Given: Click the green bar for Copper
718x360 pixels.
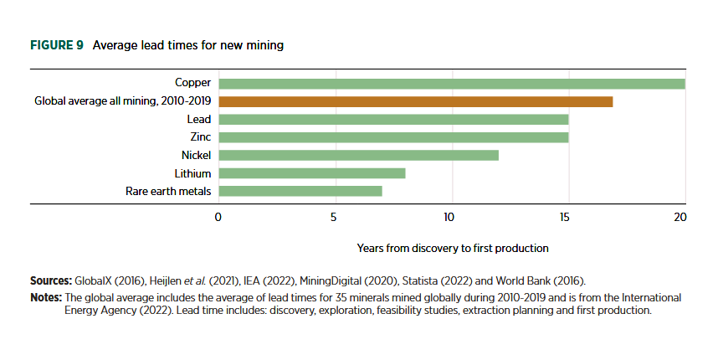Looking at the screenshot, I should (x=452, y=83).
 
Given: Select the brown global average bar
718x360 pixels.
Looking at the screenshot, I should (x=416, y=101).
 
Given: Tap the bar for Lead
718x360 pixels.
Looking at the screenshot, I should (x=393, y=120).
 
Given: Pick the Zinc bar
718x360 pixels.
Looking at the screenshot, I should (x=393, y=137).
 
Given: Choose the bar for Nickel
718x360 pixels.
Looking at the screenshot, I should (x=358, y=155).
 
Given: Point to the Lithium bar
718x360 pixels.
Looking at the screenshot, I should (x=312, y=173).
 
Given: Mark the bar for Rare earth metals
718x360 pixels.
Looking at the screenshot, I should (x=300, y=191).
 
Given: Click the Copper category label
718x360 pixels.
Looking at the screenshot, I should (x=192, y=83).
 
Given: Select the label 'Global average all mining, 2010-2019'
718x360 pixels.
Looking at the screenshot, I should (x=122, y=101).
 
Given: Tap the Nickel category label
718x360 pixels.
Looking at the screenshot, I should (x=196, y=155).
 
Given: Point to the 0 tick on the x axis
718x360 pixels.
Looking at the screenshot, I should (x=218, y=217).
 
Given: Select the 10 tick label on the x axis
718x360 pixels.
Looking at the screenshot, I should (x=449, y=217).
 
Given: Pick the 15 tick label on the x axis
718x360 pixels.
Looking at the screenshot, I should (x=566, y=217).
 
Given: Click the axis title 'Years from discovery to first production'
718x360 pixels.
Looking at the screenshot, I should (x=453, y=249).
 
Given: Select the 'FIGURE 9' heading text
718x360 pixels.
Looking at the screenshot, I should (x=56, y=45).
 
